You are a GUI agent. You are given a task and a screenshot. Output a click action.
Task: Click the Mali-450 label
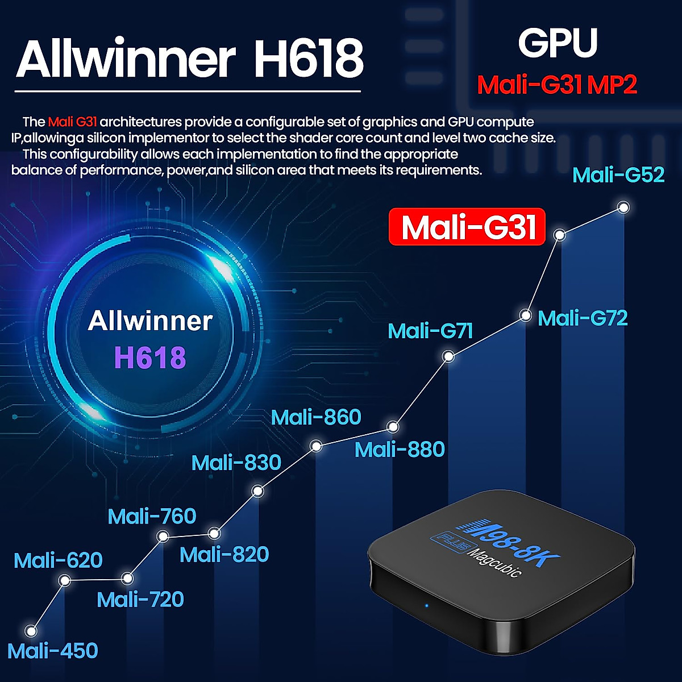pos(53,651)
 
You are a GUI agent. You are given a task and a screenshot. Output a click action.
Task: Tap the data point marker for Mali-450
pos(32,631)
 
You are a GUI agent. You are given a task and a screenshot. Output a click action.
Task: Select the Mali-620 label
pos(58,561)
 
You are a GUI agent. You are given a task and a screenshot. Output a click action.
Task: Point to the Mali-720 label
pos(140,600)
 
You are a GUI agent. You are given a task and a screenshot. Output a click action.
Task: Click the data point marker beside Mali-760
pos(163,535)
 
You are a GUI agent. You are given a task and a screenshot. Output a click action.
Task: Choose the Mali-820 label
pos(224,555)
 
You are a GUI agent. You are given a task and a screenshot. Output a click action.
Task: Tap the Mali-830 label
pos(236,463)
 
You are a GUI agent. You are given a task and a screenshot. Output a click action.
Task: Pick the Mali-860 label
pos(316,417)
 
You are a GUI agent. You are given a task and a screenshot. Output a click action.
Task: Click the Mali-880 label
pos(400,450)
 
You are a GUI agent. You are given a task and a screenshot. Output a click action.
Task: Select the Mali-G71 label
pos(430,331)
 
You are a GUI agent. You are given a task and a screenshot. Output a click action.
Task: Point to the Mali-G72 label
pos(583,318)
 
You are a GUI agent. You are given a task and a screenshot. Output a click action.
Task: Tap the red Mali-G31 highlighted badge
pos(467,227)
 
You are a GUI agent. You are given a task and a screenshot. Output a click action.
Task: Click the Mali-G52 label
pos(618,174)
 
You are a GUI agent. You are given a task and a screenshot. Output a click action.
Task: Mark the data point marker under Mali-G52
pos(623,207)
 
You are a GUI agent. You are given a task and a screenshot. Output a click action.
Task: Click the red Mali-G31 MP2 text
pos(557,85)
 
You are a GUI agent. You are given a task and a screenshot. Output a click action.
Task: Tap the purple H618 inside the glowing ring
pos(150,357)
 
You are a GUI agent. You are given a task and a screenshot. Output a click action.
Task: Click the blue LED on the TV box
pos(427,604)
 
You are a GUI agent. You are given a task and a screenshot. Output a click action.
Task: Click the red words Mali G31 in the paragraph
pos(73,122)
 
